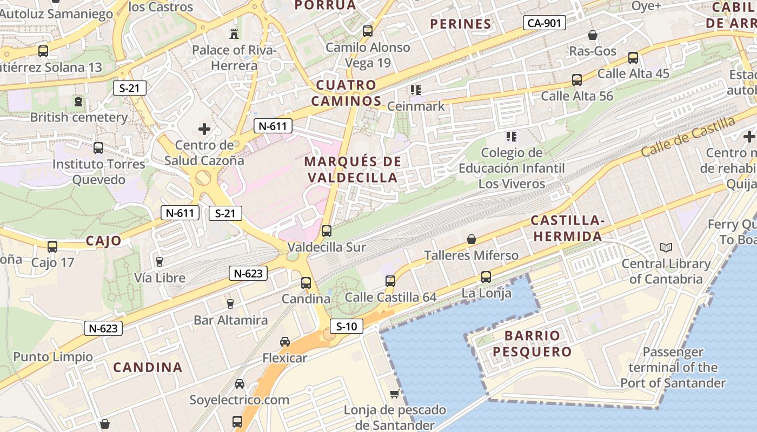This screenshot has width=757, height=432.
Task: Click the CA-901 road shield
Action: [544, 23]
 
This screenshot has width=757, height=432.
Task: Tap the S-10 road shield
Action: [347, 326]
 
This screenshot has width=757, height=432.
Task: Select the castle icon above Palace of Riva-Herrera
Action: [234, 33]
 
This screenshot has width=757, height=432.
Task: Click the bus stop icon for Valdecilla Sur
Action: [327, 231]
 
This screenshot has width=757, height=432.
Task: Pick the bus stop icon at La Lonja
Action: [486, 277]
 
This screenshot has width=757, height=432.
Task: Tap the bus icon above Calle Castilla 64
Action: [390, 281]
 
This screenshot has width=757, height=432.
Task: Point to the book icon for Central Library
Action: [666, 248]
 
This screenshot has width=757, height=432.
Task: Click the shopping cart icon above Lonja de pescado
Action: [395, 394]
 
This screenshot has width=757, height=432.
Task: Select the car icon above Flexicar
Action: [285, 342]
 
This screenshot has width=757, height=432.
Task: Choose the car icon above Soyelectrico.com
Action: [239, 384]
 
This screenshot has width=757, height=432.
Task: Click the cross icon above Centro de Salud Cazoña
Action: [204, 129]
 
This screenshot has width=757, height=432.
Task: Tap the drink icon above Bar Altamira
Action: [230, 304]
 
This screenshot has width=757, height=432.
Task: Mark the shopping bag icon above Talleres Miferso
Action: [472, 239]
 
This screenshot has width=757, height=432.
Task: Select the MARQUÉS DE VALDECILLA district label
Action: [353, 169]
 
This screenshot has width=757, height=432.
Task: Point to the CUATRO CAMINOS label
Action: [346, 93]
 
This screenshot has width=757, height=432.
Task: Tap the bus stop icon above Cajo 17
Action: [52, 247]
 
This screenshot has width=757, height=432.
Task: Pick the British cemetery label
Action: [79, 117]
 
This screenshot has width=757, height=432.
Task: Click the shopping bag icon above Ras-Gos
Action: [593, 35]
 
